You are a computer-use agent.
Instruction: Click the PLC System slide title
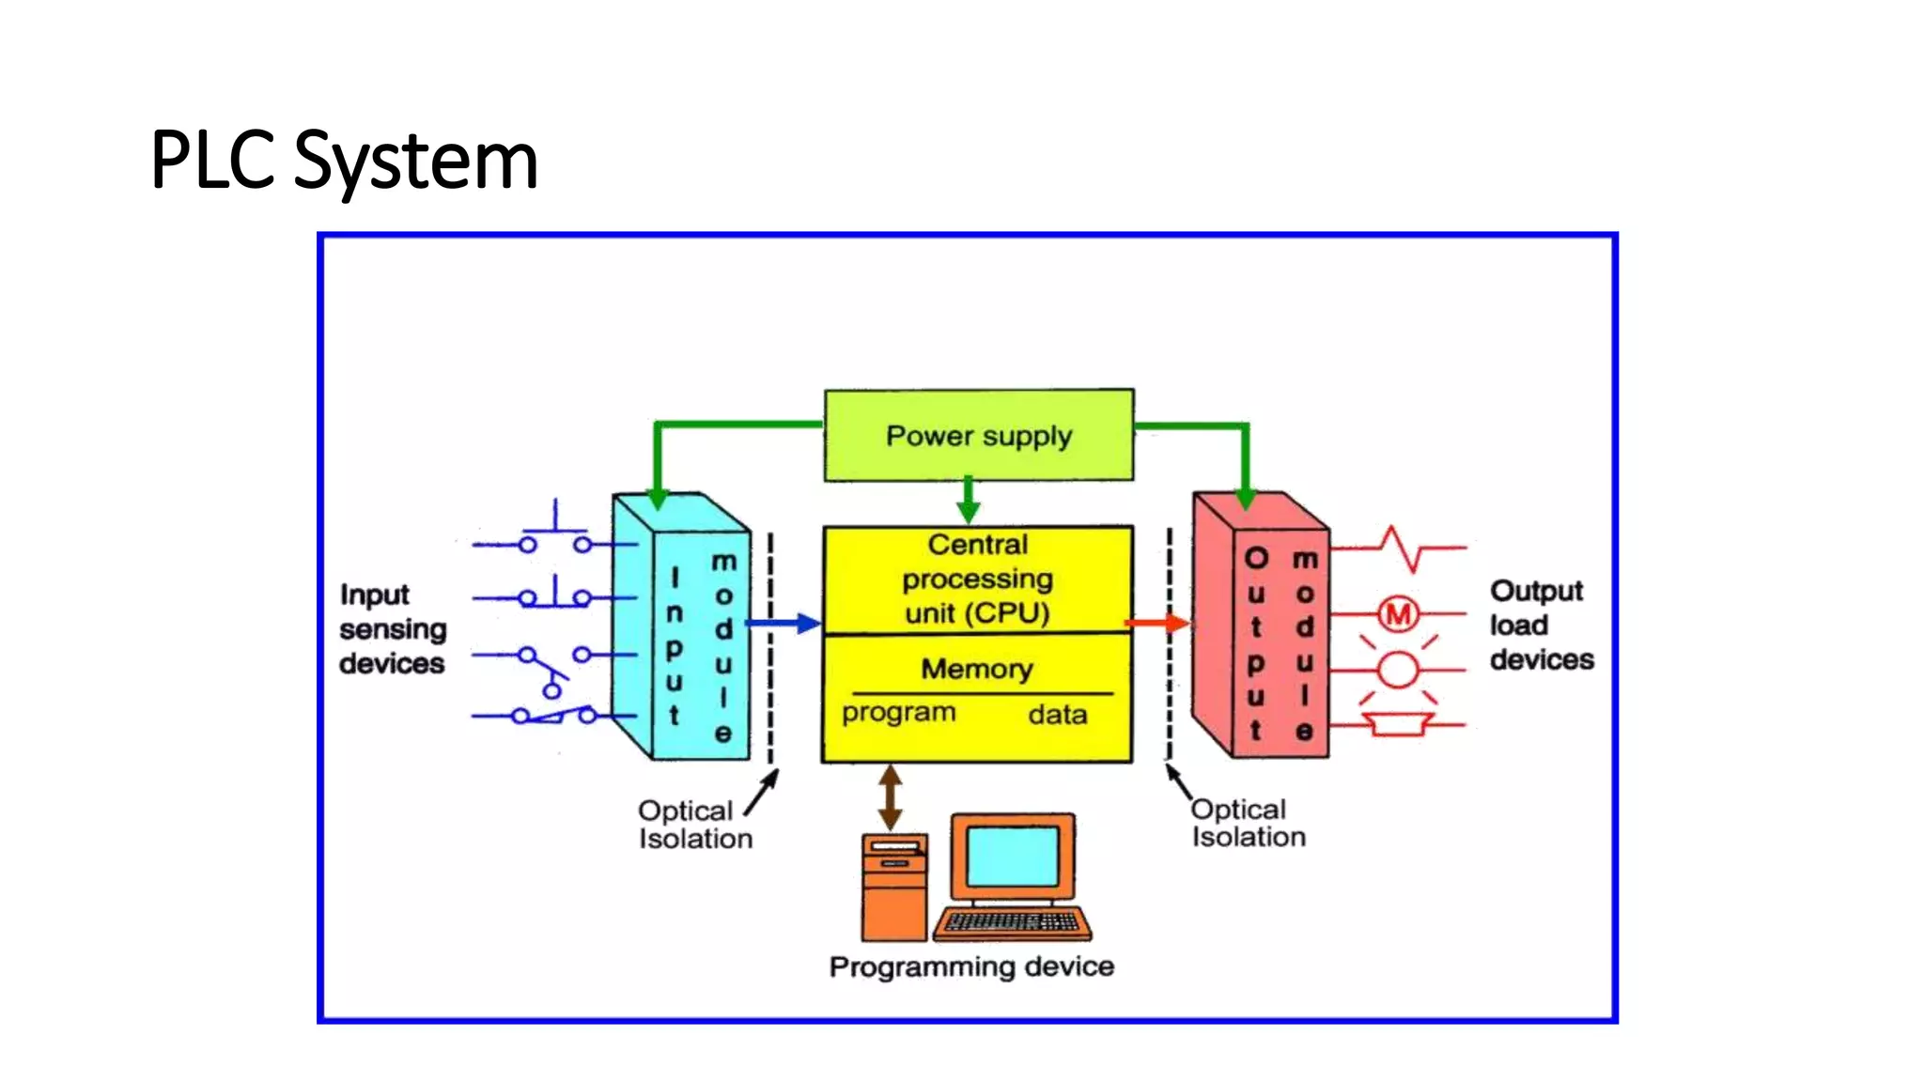tap(344, 161)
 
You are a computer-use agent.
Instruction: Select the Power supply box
tap(979, 436)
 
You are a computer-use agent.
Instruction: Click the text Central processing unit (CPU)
tap(977, 579)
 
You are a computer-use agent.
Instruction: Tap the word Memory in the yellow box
tap(977, 669)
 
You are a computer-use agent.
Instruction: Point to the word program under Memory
tap(898, 713)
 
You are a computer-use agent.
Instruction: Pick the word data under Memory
tap(1058, 715)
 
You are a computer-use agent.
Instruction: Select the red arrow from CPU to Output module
tap(1157, 623)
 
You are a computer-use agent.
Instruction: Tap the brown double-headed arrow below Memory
tap(891, 797)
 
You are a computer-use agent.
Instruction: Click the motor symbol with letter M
tap(1399, 614)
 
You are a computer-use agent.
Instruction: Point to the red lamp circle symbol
tap(1398, 671)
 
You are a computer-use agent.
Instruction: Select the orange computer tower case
tap(894, 888)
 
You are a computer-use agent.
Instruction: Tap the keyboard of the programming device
tap(1012, 922)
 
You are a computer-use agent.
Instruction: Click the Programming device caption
tap(971, 966)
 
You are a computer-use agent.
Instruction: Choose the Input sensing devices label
tap(392, 629)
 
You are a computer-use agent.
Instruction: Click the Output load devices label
tap(1541, 626)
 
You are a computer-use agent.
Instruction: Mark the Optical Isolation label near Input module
tap(694, 825)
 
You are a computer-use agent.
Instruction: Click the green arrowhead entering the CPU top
tap(969, 511)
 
